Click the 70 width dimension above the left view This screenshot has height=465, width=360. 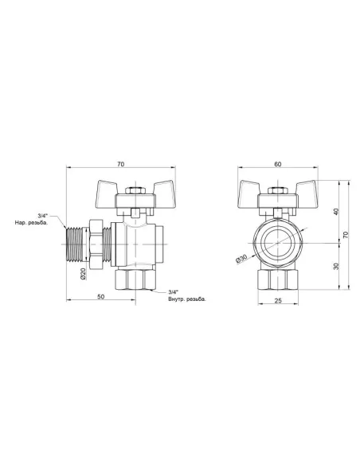pos(119,164)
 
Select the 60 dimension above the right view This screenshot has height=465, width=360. pos(277,164)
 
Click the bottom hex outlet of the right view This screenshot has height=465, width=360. pos(277,280)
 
